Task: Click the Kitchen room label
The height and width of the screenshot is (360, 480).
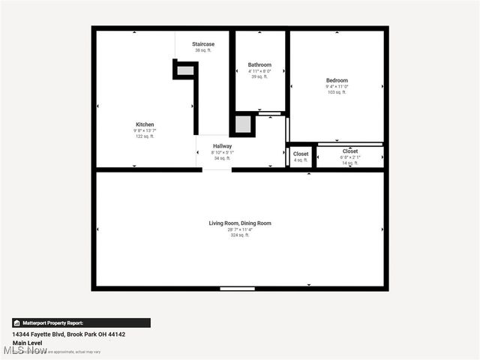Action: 145,124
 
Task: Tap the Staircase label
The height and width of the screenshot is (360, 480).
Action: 203,44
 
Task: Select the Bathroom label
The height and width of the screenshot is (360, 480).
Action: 259,65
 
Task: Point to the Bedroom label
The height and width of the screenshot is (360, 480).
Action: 337,80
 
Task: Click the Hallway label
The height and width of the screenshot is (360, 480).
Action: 222,146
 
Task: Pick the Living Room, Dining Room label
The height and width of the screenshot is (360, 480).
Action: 240,223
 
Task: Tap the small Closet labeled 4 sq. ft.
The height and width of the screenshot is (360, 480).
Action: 301,154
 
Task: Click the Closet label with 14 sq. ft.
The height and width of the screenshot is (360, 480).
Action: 350,151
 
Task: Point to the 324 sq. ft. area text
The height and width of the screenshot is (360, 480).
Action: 240,235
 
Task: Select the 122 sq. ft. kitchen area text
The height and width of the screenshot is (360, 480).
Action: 145,136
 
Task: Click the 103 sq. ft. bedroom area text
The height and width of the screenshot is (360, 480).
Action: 337,92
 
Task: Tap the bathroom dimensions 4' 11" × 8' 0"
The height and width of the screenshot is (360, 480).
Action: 259,71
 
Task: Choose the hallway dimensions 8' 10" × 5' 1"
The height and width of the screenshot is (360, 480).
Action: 222,152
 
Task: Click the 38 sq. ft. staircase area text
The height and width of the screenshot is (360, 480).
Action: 203,50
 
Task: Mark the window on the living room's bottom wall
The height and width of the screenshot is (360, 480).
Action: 237,289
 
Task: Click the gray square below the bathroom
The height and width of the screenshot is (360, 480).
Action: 243,124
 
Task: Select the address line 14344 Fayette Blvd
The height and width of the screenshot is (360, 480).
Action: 68,334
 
